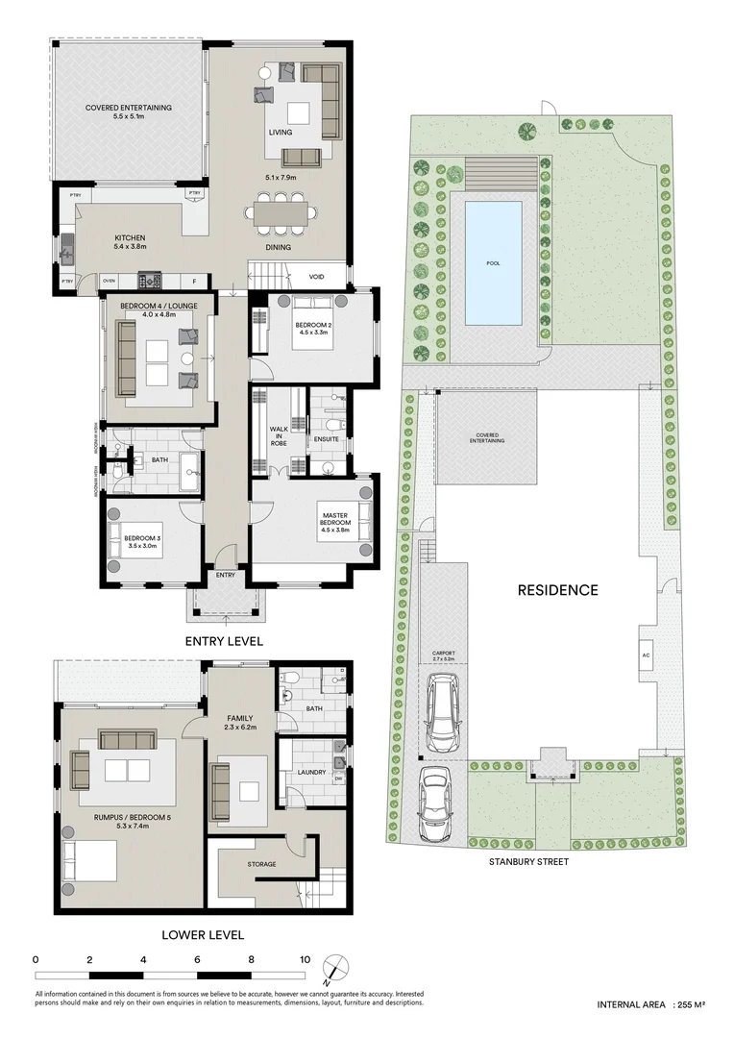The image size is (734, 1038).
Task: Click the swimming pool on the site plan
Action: coord(494,262)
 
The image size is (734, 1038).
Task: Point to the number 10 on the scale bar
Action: coord(305,959)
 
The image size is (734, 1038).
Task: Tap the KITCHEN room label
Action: coord(130,237)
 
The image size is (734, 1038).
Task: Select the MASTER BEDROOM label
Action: coord(336,524)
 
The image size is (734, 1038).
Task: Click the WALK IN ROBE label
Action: coord(279,434)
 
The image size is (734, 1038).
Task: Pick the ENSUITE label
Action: coord(326,439)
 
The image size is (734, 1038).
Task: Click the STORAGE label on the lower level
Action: coord(261,864)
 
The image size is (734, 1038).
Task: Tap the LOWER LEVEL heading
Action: coord(203,934)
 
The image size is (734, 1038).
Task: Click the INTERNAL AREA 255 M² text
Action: coord(651,1004)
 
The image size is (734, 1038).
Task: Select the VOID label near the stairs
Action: coord(316,277)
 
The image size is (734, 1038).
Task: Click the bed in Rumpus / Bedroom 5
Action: coord(89,864)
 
